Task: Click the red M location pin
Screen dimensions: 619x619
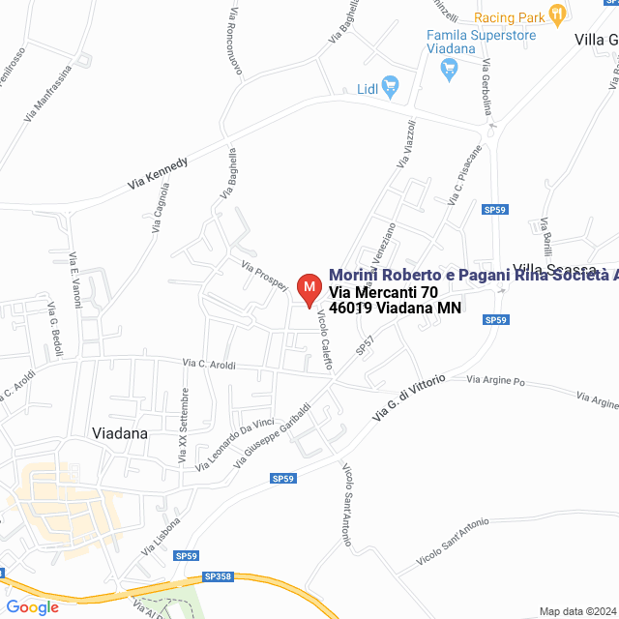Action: click(x=309, y=289)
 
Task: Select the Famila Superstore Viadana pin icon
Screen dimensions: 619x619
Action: click(x=448, y=69)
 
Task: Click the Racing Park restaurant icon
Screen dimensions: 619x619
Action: click(x=556, y=15)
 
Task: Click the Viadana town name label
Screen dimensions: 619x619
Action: click(x=119, y=433)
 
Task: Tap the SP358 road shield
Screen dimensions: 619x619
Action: click(x=219, y=576)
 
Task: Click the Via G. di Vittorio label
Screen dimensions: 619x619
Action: click(x=410, y=398)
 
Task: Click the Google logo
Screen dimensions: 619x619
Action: click(x=32, y=607)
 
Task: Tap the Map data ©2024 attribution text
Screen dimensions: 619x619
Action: click(x=577, y=611)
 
